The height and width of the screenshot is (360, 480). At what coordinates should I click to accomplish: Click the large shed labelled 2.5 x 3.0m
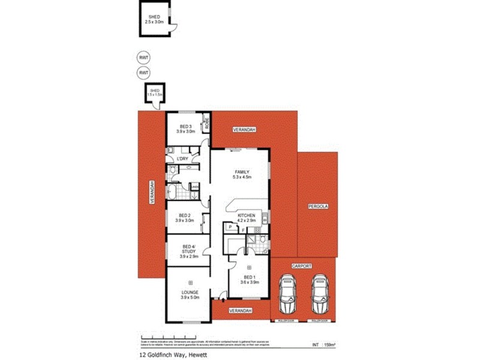[x=154, y=19]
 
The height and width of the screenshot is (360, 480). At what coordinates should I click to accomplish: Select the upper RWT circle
[x=143, y=58]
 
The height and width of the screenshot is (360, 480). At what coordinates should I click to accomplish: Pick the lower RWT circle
[x=143, y=73]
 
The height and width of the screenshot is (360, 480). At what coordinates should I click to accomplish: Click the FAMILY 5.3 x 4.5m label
[x=241, y=175]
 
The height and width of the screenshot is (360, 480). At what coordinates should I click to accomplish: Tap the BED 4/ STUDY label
[x=187, y=251]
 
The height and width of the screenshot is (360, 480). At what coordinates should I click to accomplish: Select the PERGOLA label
[x=318, y=206]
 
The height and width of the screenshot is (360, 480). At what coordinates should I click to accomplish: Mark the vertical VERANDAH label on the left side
[x=152, y=193]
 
